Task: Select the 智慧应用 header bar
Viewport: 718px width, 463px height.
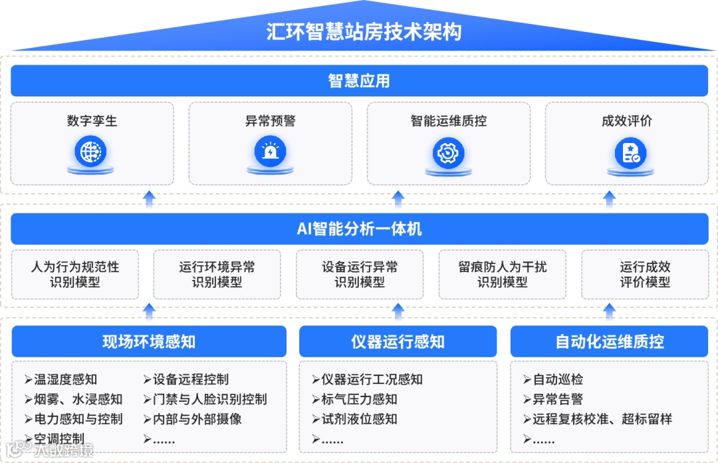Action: [x=359, y=81]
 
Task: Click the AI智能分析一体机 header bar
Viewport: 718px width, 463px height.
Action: [x=359, y=230]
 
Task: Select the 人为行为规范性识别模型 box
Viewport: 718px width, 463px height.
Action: [x=75, y=275]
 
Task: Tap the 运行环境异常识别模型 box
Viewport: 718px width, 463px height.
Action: [x=217, y=275]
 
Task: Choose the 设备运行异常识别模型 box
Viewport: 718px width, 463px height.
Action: [x=360, y=275]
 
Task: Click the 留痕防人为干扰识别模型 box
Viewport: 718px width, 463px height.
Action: [x=502, y=275]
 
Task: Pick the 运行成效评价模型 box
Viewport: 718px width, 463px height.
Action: [x=645, y=275]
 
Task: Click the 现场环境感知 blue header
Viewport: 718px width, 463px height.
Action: [x=149, y=342]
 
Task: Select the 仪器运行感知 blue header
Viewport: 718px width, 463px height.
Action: [x=398, y=342]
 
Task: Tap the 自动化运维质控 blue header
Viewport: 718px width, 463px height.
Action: [x=609, y=342]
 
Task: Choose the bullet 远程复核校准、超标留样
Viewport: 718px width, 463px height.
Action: [x=602, y=419]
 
